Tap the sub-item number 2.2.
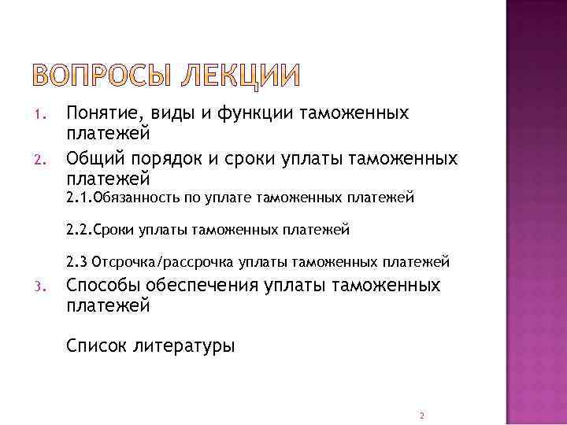click(x=79, y=231)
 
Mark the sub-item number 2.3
click(x=77, y=262)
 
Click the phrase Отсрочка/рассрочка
click(x=169, y=262)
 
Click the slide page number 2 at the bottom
click(x=422, y=415)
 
